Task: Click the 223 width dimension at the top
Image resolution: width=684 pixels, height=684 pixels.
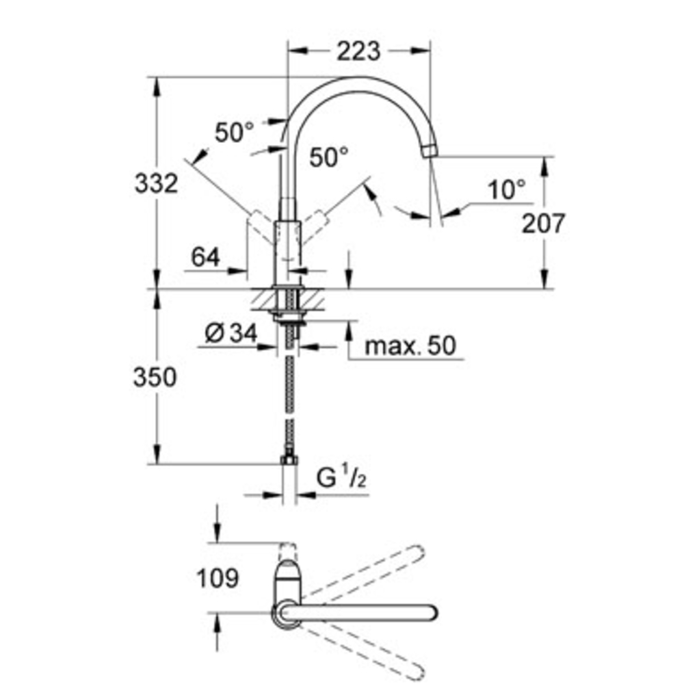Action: click(359, 50)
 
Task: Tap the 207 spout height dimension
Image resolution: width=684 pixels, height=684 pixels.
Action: click(544, 223)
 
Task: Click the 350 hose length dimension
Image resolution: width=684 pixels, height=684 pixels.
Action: click(155, 377)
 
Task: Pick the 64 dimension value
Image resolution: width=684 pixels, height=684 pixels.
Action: click(205, 258)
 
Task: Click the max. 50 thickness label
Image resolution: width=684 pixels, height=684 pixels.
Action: click(410, 345)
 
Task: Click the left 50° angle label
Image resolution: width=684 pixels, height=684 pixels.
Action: click(234, 132)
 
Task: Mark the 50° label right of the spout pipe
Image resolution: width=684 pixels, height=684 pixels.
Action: click(329, 157)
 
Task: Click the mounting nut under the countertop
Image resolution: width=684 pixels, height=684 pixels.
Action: click(289, 315)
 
